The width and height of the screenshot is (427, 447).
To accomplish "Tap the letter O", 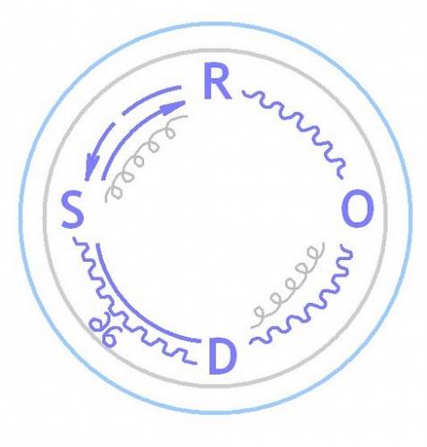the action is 357,208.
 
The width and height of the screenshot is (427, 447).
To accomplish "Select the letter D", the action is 223,356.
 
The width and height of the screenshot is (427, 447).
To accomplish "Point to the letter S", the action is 73,209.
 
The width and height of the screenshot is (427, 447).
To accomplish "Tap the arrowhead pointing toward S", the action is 90,167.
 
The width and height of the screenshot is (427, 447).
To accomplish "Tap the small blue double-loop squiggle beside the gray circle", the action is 103,332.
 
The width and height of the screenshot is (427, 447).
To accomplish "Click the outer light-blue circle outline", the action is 216,22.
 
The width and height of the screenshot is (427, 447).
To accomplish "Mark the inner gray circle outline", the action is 216,49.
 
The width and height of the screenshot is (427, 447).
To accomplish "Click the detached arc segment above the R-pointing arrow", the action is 149,97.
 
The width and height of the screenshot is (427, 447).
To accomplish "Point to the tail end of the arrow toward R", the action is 104,180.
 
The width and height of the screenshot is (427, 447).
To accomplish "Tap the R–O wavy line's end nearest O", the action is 341,178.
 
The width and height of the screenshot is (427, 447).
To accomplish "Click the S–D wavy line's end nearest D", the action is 196,363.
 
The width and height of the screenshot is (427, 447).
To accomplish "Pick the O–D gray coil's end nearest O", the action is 323,243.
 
